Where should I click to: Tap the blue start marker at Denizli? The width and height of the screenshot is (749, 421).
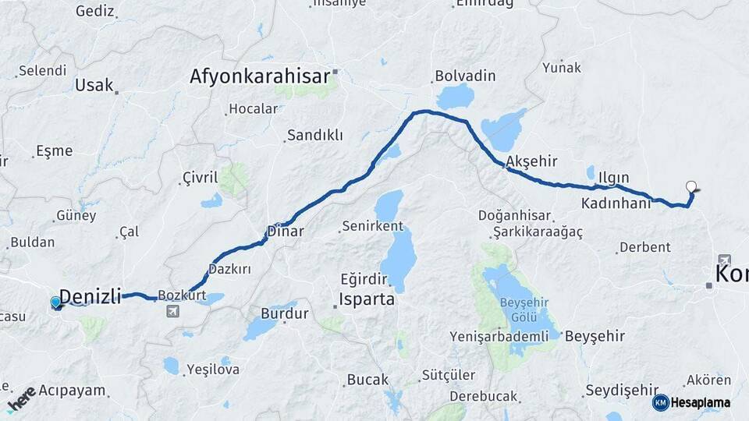[x=56, y=302]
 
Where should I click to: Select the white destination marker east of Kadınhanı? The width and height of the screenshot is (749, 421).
[x=690, y=187]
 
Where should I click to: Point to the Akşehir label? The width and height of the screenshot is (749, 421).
[x=531, y=161]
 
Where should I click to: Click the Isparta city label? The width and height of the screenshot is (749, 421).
[x=367, y=299]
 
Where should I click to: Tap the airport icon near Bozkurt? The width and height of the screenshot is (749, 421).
[x=172, y=312]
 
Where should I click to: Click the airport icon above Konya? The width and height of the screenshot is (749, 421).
[x=725, y=260]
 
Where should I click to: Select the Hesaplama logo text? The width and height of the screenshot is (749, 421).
[x=700, y=402]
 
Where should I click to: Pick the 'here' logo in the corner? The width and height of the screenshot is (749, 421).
[x=21, y=398]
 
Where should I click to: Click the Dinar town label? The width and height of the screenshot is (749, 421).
[x=285, y=231]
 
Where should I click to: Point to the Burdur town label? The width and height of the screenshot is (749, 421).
[x=284, y=314]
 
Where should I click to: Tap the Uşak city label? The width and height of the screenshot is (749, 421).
[x=94, y=86]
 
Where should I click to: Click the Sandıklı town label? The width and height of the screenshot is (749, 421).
[x=314, y=135]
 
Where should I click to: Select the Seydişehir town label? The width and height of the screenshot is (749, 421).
[x=622, y=390]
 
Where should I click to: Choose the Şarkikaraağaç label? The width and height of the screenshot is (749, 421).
[x=538, y=232]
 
